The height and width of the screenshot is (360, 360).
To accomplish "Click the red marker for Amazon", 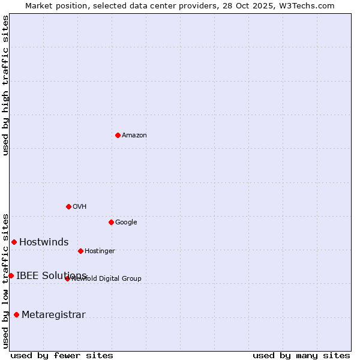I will pyautogui.click(x=118, y=135).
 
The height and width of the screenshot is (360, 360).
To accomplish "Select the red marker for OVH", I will pyautogui.click(x=68, y=206).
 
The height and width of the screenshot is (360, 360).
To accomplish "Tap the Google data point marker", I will pyautogui.click(x=111, y=222).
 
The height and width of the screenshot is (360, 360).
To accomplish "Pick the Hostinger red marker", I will pyautogui.click(x=80, y=251).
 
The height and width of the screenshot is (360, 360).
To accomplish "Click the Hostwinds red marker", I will pyautogui.click(x=14, y=242).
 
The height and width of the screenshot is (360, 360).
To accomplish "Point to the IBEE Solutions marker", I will pyautogui.click(x=11, y=275).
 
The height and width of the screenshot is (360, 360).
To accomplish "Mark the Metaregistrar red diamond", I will pyautogui.click(x=16, y=314).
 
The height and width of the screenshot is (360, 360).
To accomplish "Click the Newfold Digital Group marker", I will pyautogui.click(x=67, y=278).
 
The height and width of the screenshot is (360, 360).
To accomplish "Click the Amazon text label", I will pyautogui.click(x=134, y=136).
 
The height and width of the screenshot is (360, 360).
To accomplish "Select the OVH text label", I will pyautogui.click(x=80, y=207).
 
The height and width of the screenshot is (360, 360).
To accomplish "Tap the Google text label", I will pyautogui.click(x=126, y=223).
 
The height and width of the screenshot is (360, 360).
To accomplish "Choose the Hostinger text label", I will pyautogui.click(x=100, y=251).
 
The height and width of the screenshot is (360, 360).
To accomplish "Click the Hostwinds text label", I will pyautogui.click(x=44, y=242).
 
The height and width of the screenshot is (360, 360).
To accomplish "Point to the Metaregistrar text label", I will pyautogui.click(x=53, y=315).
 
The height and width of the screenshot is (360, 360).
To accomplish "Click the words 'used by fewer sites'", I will pyautogui.click(x=62, y=355).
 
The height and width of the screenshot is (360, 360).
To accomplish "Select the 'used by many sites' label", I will pyautogui.click(x=301, y=355).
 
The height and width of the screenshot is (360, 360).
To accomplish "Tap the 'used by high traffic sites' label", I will pyautogui.click(x=5, y=86).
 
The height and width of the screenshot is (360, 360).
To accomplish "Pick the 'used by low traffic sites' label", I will pyautogui.click(x=5, y=280).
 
